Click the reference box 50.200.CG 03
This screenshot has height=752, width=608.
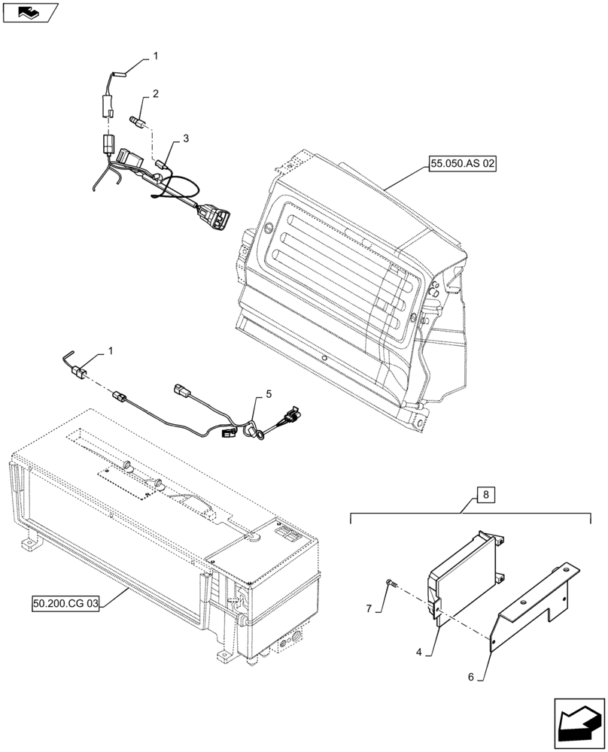pos(66,603)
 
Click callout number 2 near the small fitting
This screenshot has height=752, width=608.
pos(155,94)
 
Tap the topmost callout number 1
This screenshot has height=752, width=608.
pos(155,56)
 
